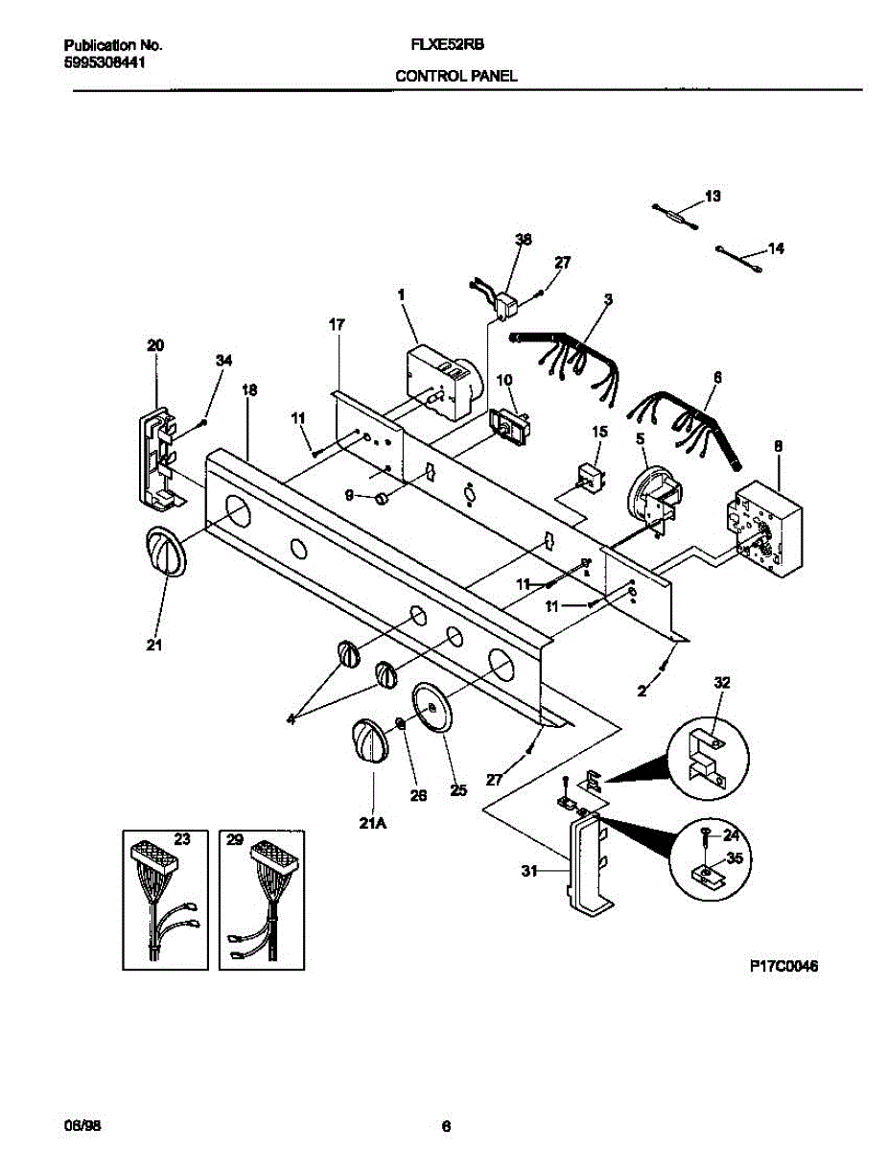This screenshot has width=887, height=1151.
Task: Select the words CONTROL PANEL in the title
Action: [x=456, y=76]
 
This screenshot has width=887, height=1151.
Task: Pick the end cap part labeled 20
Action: [x=157, y=458]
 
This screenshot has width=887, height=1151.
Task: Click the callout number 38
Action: [x=523, y=240]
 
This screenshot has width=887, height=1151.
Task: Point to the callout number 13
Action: [x=712, y=197]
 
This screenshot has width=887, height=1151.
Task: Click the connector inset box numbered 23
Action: [x=166, y=898]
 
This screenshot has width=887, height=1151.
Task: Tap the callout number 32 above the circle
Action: [x=721, y=683]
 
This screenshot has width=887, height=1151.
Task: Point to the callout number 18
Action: [x=249, y=390]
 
